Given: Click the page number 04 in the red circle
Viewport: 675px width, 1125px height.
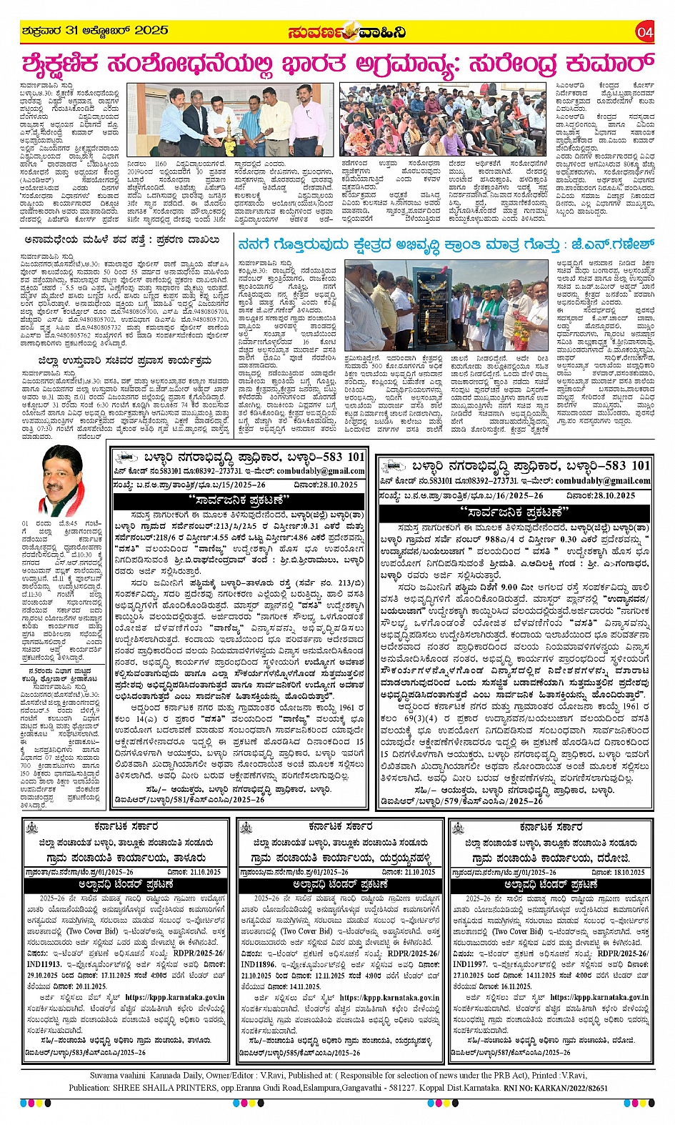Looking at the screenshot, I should (x=645, y=31).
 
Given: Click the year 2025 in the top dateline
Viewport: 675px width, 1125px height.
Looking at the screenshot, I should (x=151, y=31).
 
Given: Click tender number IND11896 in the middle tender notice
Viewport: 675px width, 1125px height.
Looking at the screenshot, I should (x=260, y=964).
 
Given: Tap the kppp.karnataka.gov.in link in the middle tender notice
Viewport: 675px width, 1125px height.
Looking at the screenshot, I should (x=389, y=998).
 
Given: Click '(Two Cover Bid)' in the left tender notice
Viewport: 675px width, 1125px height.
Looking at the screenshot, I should (x=92, y=931).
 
